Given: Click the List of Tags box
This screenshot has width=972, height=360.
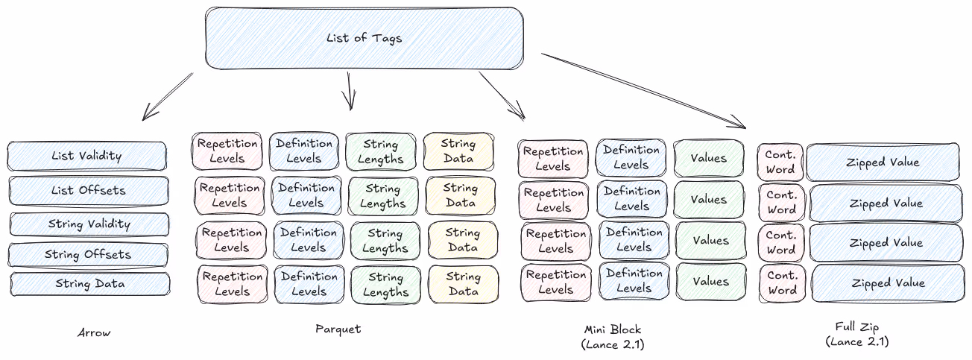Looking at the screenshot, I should pos(364,38).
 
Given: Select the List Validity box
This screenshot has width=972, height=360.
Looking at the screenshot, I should pos(87,156).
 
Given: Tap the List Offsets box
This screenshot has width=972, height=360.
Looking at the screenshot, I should pos(88,190).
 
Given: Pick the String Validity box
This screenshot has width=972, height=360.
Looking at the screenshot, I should pos(89,224).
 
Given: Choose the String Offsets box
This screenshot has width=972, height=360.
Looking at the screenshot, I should pos(88,254).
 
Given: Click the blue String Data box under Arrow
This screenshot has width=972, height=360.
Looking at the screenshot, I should pos(90,284).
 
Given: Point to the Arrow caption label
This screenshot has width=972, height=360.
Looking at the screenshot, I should pos(94,332).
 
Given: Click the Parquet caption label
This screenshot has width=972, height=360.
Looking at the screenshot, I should pos(338,329).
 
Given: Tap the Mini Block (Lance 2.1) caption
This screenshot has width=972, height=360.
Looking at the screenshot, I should pos(612,336).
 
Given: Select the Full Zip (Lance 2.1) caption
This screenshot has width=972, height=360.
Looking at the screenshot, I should pos(857,335).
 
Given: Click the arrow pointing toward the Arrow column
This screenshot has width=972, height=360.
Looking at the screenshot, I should pos(167,97).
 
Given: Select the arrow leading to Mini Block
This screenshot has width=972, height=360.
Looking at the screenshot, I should pos(502,95).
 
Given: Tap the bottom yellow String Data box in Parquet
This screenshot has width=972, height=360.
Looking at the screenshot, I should pos(463,284).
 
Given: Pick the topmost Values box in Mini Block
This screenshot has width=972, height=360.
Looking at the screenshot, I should pos(708,158).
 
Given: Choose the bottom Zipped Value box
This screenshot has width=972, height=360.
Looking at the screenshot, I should pos(886,283).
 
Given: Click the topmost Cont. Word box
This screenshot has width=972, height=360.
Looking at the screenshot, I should pos(780,162).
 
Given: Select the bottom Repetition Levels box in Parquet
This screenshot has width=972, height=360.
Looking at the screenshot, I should pos(232,284).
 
